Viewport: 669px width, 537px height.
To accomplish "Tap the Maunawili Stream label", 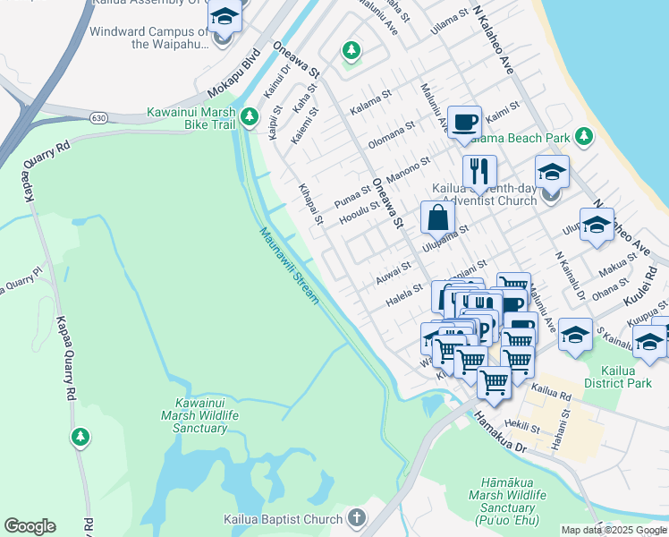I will click(289, 266).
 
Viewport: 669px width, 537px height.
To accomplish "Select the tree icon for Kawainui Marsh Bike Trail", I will click(251, 116).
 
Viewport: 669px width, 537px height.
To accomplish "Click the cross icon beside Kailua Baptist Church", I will click(356, 518).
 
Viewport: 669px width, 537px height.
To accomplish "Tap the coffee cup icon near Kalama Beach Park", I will click(463, 122).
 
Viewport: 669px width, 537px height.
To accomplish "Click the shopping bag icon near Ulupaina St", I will click(437, 217).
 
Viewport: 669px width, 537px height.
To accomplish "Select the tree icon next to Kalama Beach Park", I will click(584, 136).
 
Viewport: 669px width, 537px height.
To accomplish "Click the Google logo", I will click(30, 526).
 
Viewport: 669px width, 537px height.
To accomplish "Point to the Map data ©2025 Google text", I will click(614, 530).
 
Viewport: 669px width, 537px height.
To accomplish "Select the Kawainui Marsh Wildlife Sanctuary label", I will click(194, 415).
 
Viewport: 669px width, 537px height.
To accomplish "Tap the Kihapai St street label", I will click(309, 206).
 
